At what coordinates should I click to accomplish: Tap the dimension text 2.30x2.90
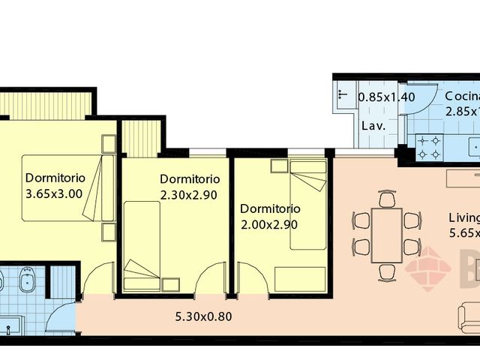(x=189, y=194)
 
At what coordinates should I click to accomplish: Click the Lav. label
(x=373, y=125)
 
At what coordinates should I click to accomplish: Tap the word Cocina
(x=461, y=96)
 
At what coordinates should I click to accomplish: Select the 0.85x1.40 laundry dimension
(x=385, y=97)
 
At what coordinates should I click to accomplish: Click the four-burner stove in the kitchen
(x=428, y=147)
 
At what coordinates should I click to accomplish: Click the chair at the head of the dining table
(x=387, y=199)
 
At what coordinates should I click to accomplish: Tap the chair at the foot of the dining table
(x=387, y=271)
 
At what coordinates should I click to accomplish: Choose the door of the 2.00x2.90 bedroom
(x=251, y=279)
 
